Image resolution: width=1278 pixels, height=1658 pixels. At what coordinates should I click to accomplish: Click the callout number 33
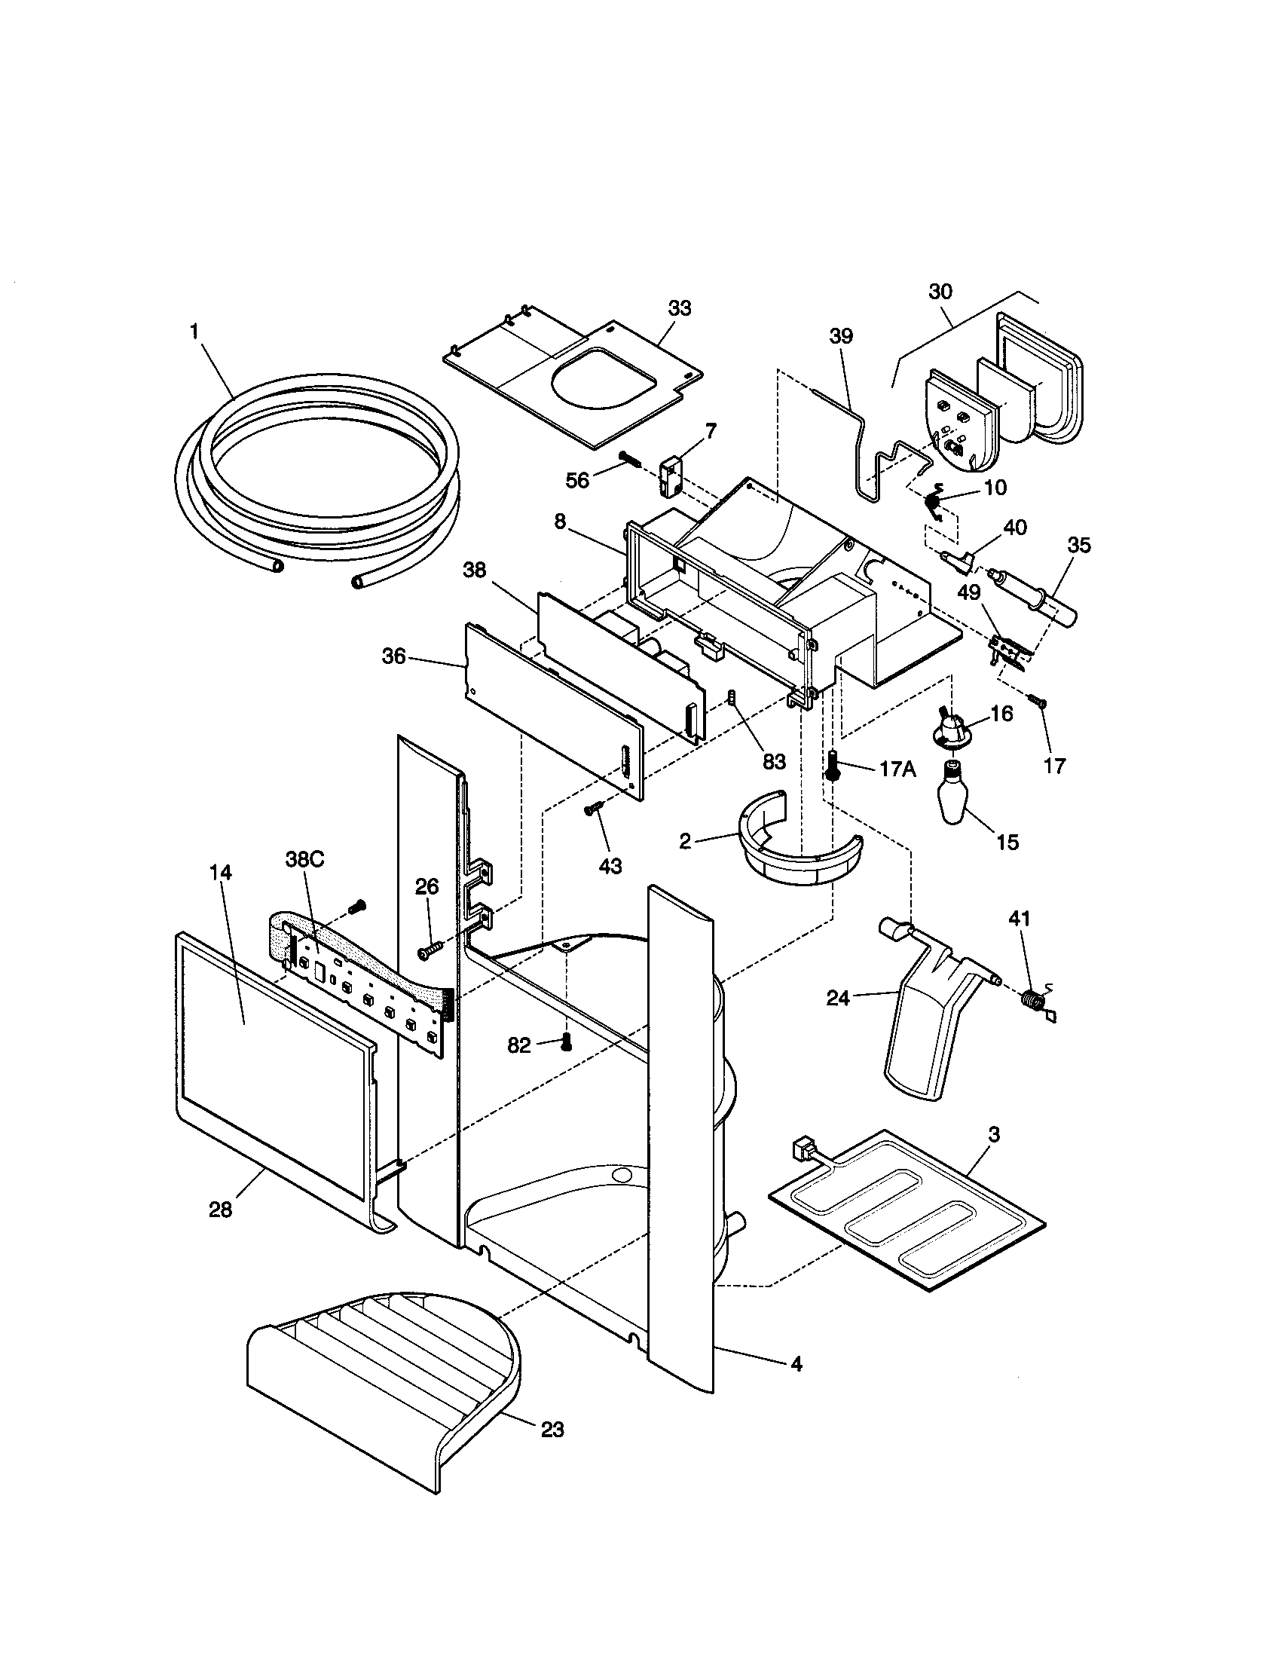(x=679, y=308)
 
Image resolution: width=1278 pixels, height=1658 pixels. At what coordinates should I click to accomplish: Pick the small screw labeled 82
(x=564, y=1044)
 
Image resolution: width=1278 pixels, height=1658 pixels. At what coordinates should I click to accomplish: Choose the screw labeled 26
(x=430, y=949)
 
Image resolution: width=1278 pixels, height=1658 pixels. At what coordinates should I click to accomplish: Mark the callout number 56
(x=577, y=481)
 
